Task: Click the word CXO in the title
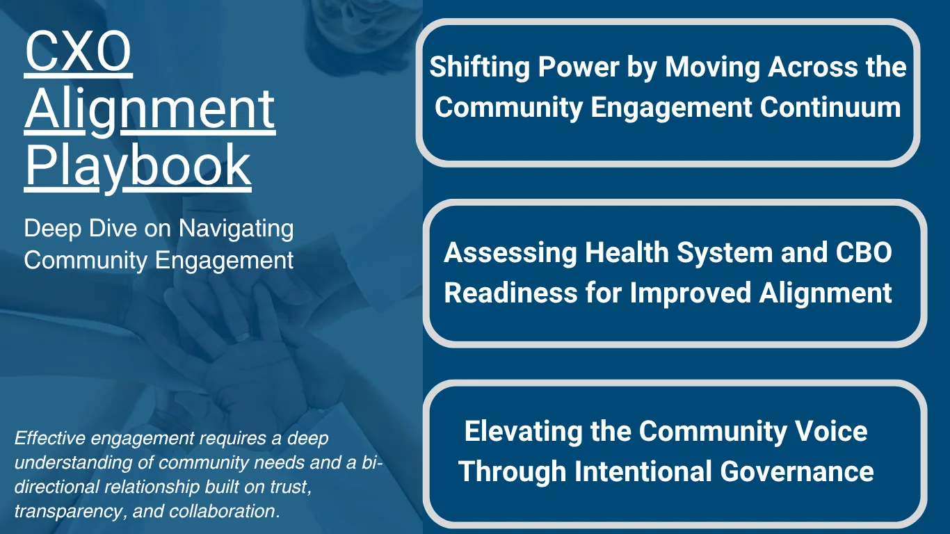[78, 54]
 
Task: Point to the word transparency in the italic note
[60, 511]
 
